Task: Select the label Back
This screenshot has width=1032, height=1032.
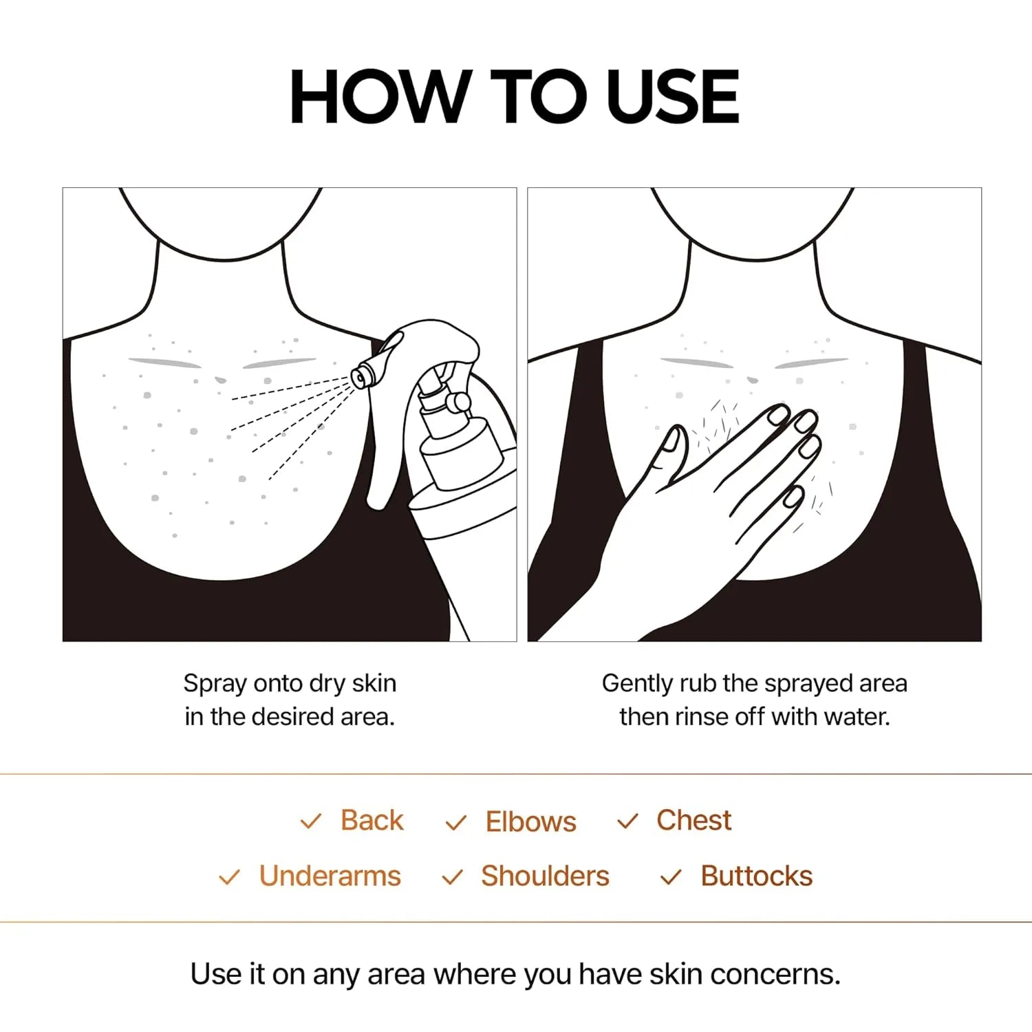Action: point(372,820)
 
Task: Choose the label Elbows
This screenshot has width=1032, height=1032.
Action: point(530,821)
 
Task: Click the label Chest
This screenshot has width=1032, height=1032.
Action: point(694,820)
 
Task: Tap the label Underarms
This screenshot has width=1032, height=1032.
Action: point(330,876)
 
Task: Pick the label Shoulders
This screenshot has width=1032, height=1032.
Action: point(545,876)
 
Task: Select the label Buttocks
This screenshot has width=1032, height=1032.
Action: point(756,876)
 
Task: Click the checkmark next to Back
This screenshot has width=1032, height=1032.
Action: point(311,821)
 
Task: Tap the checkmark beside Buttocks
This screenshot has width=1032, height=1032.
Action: point(670,877)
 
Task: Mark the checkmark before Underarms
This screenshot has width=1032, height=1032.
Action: point(229,877)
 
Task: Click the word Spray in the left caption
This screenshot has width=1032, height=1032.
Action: point(215,684)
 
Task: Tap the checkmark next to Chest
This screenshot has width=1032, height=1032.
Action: point(627,821)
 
